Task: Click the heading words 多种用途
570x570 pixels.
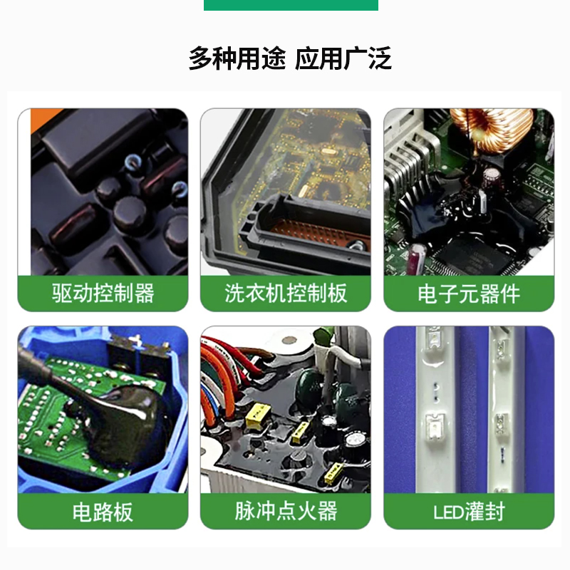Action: coord(237,58)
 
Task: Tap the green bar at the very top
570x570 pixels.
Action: coord(291,5)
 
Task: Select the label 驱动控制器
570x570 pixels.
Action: coord(103,293)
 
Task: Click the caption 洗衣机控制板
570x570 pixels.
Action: coord(286,293)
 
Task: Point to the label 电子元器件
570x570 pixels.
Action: coord(469,293)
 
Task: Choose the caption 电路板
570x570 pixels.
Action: coord(103,511)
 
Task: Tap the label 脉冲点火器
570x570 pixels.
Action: coord(286,511)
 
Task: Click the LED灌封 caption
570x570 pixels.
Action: coord(469,511)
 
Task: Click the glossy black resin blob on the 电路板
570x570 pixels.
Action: coord(107,420)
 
